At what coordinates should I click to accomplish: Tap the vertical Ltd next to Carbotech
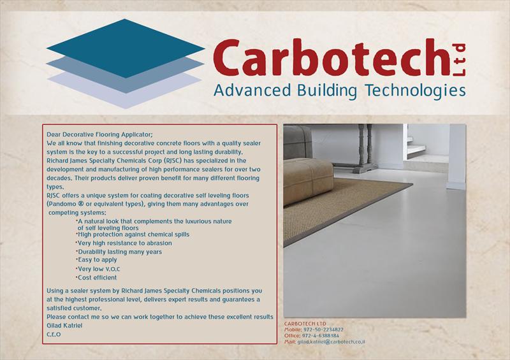[459, 60]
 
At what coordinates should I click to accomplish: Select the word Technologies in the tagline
[415, 90]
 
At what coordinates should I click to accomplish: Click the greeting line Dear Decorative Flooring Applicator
[99, 134]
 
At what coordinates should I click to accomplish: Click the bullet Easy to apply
[97, 260]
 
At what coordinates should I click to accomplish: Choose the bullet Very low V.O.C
[98, 269]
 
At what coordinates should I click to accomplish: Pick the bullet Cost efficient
[97, 278]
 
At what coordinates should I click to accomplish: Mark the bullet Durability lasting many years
[119, 252]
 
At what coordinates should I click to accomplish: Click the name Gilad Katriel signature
[64, 326]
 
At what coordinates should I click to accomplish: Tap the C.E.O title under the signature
[54, 335]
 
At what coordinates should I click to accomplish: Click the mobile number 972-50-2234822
[323, 329]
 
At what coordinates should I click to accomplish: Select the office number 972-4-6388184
[321, 336]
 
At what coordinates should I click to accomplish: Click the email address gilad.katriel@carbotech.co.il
[331, 342]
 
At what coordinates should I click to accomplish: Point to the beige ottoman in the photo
[308, 180]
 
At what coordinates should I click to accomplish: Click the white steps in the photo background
[416, 147]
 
